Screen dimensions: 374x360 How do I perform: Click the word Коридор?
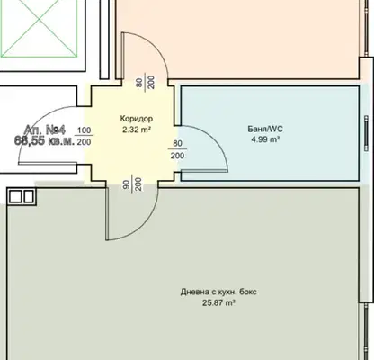137,119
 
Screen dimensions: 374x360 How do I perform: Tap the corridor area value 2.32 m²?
137,130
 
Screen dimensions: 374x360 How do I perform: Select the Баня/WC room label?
265,129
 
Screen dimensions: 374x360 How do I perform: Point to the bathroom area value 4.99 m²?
265,139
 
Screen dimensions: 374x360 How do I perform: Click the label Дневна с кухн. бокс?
218,292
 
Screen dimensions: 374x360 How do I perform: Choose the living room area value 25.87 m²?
218,302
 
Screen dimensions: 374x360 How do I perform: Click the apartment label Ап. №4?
45,130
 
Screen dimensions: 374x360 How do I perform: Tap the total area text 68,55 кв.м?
44,140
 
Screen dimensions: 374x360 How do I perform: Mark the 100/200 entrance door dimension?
84,136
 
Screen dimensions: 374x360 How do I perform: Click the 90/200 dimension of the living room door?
131,184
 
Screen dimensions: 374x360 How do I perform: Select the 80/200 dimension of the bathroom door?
178,149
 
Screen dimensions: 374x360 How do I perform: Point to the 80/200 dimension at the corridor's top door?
146,82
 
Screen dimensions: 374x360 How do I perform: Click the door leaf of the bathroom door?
204,171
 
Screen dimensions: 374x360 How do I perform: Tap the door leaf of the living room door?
107,214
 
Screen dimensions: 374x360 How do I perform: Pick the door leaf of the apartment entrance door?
48,164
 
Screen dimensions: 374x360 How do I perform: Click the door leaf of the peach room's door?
122,56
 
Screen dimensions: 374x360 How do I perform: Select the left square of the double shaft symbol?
14,197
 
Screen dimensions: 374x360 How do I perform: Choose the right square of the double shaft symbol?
29,197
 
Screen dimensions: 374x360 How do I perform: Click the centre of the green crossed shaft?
40,19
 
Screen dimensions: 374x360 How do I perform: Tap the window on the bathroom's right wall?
366,133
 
